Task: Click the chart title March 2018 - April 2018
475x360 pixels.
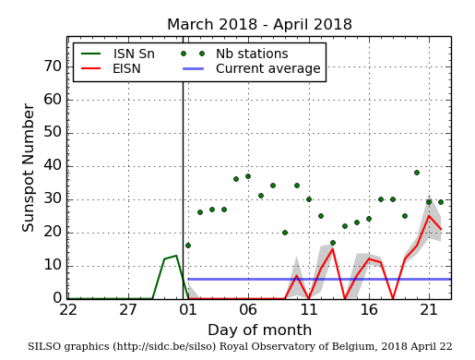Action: pos(259,25)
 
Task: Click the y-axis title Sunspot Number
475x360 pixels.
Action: pos(29,167)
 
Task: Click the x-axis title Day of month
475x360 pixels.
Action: pos(259,330)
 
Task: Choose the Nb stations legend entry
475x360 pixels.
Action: pos(239,54)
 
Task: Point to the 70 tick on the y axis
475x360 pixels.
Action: pos(53,66)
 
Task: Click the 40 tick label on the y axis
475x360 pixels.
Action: pos(53,166)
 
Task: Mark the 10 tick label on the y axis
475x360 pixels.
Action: pos(53,266)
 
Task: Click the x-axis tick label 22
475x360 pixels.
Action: pos(68,311)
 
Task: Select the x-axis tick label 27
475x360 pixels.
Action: pos(128,311)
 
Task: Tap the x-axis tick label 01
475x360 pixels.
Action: pos(188,311)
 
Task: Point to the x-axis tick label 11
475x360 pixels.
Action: pos(308,311)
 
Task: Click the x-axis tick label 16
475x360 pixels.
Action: pos(368,311)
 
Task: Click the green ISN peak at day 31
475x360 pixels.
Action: pos(176,256)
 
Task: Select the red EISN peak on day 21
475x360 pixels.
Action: pos(428,216)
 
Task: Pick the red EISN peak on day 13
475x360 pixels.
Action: pos(332,249)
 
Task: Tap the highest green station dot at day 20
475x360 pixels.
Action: pos(416,173)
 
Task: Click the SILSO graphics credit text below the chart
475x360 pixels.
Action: pos(240,347)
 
